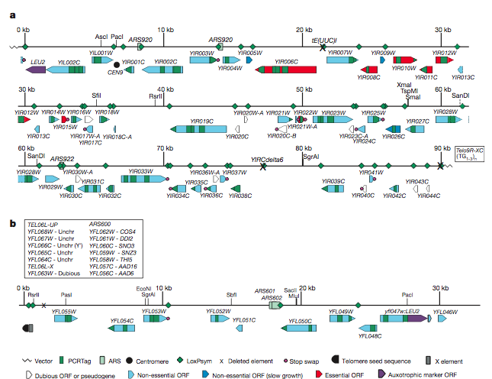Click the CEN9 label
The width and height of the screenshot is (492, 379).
coord(115,72)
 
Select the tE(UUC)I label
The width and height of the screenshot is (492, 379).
coord(324,38)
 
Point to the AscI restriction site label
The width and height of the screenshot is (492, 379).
coord(101,36)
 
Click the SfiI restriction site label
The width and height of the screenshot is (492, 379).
coord(97,95)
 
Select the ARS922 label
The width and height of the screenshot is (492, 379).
coord(62,159)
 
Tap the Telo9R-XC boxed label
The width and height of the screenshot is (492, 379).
coord(470,153)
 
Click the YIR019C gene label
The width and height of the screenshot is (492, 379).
coord(201,121)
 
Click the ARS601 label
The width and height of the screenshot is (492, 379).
coord(266,290)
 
